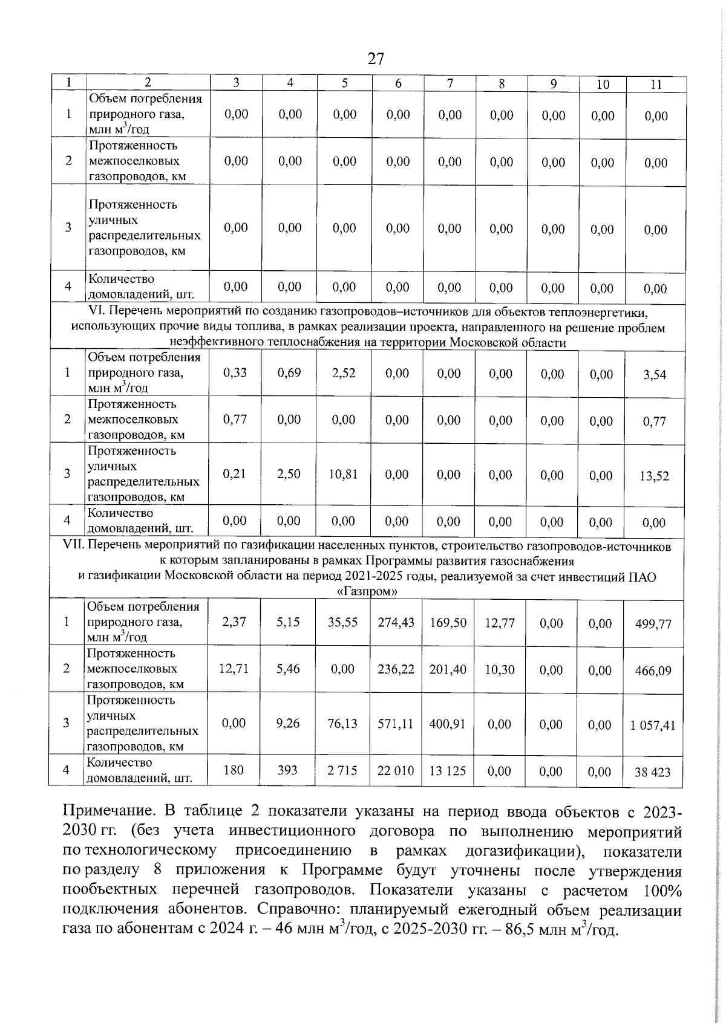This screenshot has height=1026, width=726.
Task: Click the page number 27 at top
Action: click(x=375, y=59)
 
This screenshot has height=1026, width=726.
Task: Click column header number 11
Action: click(x=656, y=85)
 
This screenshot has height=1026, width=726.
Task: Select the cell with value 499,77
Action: click(x=653, y=624)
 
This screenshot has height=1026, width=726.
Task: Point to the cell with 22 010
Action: click(x=396, y=771)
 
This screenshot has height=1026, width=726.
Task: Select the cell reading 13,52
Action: click(x=654, y=476)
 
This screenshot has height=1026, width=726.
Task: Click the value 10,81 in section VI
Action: click(x=343, y=475)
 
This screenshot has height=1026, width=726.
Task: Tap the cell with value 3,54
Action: click(x=655, y=375)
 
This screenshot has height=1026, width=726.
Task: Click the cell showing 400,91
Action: click(x=447, y=724)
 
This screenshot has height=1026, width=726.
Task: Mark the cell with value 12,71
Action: click(x=234, y=669)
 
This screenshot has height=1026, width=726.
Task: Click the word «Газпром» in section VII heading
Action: click(x=367, y=592)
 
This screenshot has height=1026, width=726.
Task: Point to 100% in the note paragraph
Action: click(x=662, y=891)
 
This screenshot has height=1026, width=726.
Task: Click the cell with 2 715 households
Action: click(x=342, y=771)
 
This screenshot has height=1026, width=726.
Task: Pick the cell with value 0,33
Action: click(x=235, y=373)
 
